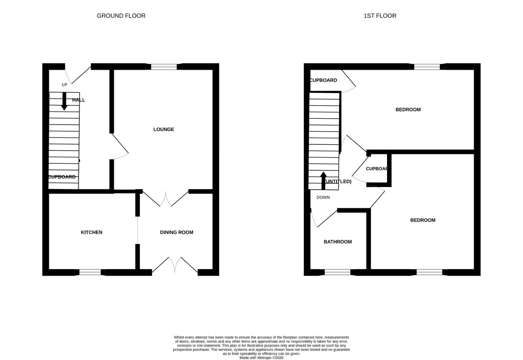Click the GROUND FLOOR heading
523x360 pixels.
click(x=121, y=16)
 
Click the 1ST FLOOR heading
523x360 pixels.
click(x=380, y=16)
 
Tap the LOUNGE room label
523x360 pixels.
click(x=164, y=129)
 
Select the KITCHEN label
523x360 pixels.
click(x=92, y=232)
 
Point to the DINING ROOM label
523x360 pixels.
click(x=176, y=232)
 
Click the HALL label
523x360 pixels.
click(x=79, y=100)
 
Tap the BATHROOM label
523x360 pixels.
click(x=338, y=242)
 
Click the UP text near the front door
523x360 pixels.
click(x=64, y=85)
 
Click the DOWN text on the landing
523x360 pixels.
click(x=323, y=197)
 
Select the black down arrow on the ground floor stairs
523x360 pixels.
click(x=64, y=102)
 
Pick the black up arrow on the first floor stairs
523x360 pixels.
click(x=323, y=180)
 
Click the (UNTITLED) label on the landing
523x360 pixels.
click(x=338, y=181)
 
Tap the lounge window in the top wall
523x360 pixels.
click(x=164, y=67)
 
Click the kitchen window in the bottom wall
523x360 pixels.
click(x=90, y=272)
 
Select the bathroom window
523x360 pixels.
click(x=337, y=272)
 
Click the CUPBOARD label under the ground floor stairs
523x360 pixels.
click(x=62, y=177)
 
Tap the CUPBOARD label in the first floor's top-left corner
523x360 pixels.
click(x=323, y=80)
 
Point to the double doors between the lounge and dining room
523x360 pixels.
click(x=166, y=199)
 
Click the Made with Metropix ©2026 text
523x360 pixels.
click(x=261, y=358)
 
